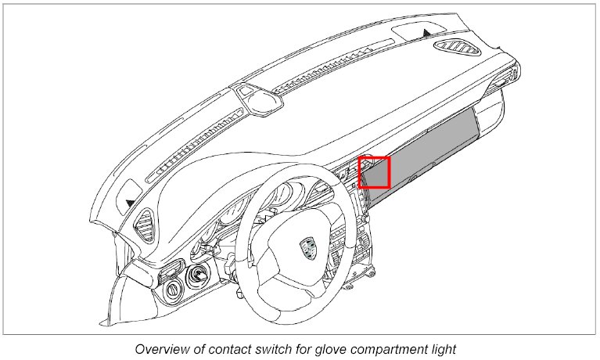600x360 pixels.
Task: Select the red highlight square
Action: pos(374,172)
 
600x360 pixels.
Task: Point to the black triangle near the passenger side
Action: pos(426,32)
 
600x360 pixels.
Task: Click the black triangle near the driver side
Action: pos(129,202)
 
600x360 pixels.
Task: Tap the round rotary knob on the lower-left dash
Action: pos(171,290)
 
